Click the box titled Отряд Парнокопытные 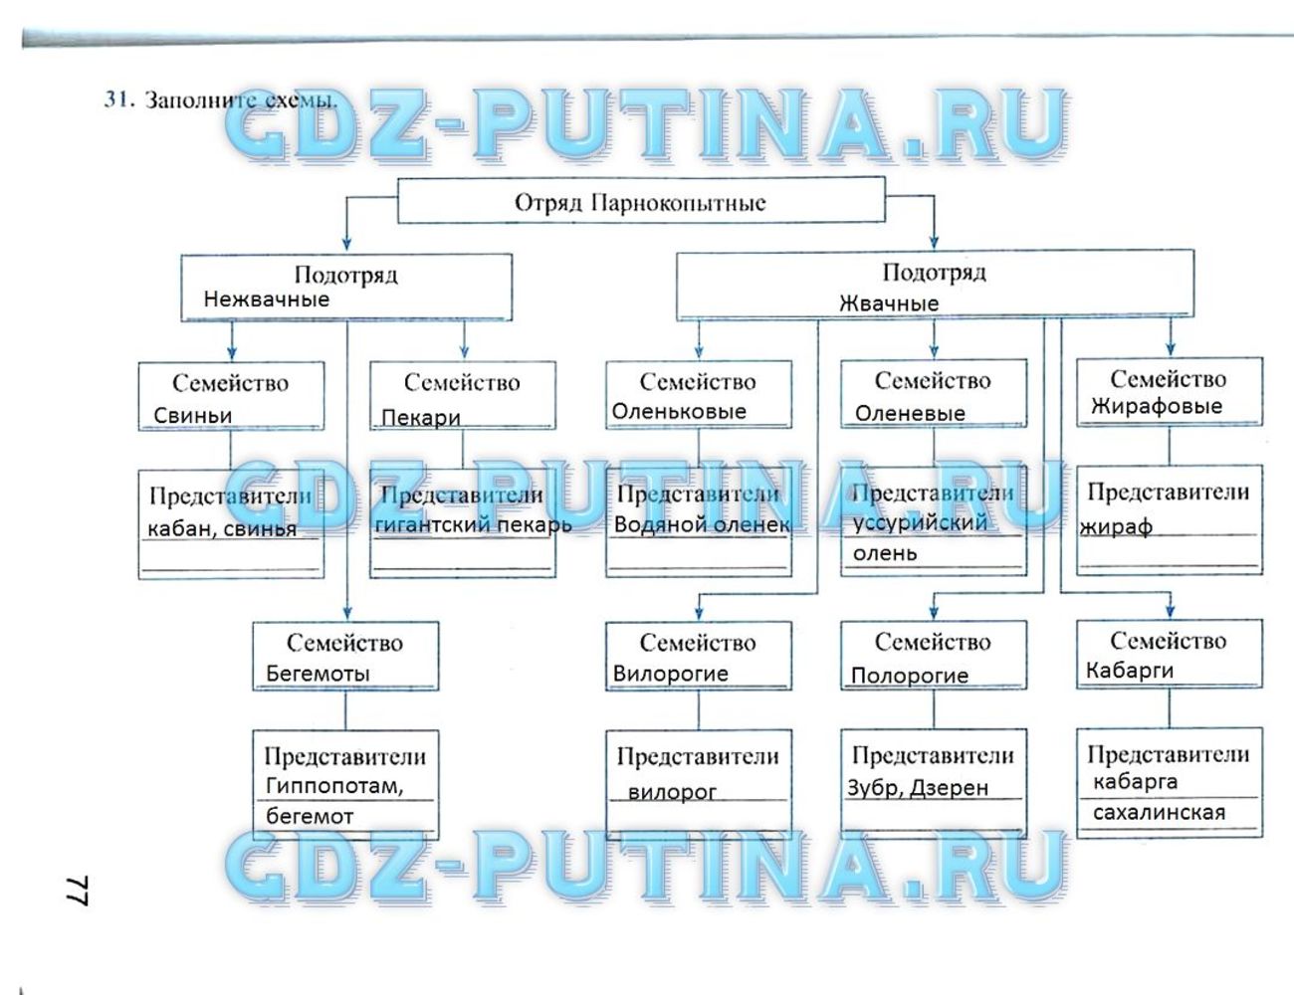[640, 202]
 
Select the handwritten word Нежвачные [266, 298]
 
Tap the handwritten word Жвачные [888, 302]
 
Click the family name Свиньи [192, 416]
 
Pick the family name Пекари [420, 418]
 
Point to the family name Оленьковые [678, 411]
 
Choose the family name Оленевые [909, 413]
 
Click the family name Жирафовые [1156, 406]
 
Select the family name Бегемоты [317, 674]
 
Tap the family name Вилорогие [670, 674]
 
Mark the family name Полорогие [909, 676]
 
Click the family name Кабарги [1129, 671]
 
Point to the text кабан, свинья [221, 528]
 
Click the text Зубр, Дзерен [917, 788]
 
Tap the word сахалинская [1159, 812]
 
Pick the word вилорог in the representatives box [672, 792]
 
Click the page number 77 [77, 891]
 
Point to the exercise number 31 [116, 99]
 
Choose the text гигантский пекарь [473, 524]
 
